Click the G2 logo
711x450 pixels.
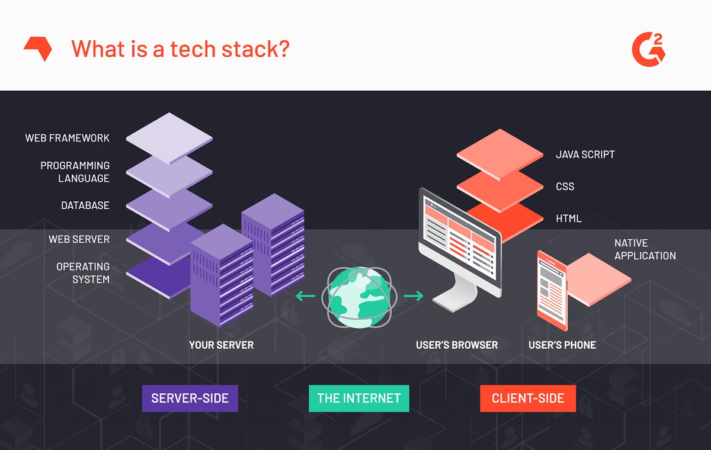point(648,49)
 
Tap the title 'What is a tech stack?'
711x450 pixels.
point(180,48)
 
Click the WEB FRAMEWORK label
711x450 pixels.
point(67,138)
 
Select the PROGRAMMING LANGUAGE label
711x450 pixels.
point(75,172)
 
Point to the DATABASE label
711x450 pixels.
point(85,205)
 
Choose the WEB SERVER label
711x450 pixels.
point(79,239)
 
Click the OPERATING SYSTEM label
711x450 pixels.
point(83,272)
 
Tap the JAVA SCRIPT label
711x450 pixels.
point(585,155)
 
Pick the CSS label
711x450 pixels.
point(565,187)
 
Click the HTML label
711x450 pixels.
point(569,218)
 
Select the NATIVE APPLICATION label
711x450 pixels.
point(645,249)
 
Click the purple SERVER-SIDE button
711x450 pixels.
point(190,398)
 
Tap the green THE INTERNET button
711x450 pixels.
point(359,398)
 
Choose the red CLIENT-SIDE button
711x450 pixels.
point(528,398)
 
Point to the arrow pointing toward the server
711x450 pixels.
point(306,295)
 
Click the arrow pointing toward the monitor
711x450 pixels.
point(414,295)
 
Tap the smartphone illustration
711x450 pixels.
point(552,290)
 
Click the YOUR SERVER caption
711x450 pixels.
point(221,345)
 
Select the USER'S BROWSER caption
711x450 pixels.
point(457,345)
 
